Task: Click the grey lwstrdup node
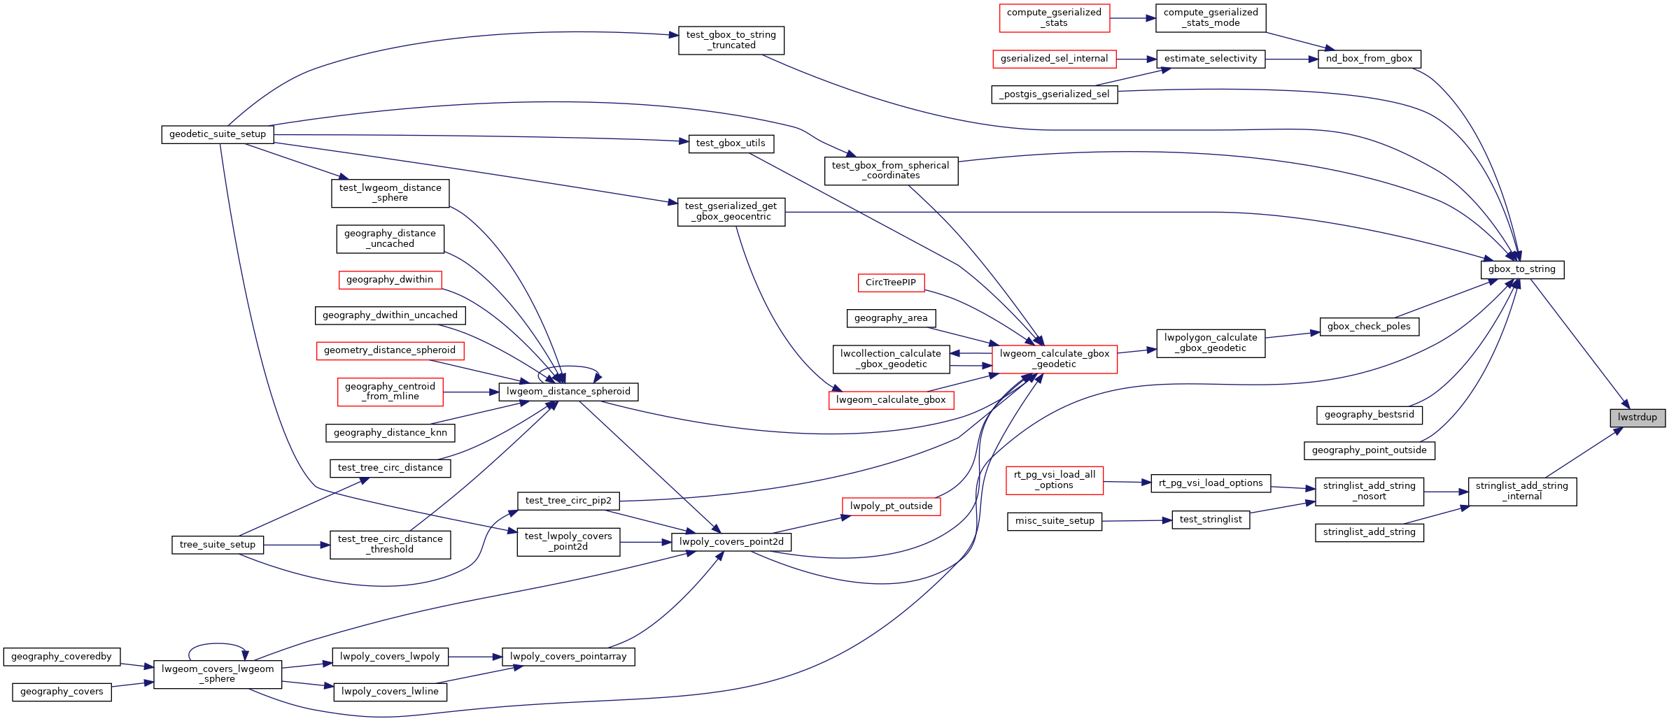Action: [x=1637, y=417]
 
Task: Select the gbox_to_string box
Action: [x=1521, y=269]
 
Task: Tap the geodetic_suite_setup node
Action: [x=217, y=134]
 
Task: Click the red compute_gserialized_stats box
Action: [x=1054, y=18]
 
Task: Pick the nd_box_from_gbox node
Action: [x=1369, y=59]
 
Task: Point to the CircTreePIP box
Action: [x=891, y=283]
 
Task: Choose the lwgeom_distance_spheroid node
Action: [x=568, y=392]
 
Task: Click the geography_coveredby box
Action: [x=62, y=657]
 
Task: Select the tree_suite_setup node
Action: [x=217, y=545]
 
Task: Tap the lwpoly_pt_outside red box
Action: [x=891, y=506]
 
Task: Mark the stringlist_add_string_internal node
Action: [x=1521, y=491]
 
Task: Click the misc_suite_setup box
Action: [x=1054, y=521]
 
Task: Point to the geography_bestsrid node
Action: [x=1369, y=415]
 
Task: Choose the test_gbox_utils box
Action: [x=731, y=143]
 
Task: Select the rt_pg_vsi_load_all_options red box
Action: [x=1054, y=480]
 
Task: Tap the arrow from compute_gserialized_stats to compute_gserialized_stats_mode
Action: [x=1132, y=18]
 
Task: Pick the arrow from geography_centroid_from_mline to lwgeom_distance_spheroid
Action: [x=470, y=392]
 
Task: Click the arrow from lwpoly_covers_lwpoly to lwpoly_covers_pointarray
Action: [x=475, y=657]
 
